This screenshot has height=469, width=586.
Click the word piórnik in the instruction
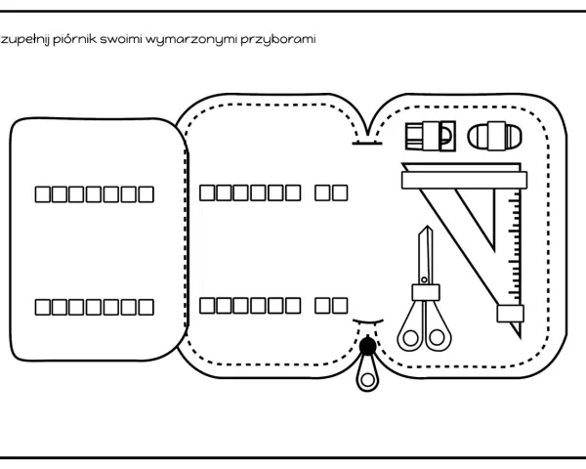[75, 39]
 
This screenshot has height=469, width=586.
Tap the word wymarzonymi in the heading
[191, 40]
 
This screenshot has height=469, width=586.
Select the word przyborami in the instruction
[278, 40]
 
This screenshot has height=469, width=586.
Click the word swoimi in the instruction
[121, 39]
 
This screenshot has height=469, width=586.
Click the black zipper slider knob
[367, 346]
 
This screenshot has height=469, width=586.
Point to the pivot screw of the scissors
[424, 279]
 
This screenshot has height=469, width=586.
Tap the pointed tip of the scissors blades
[427, 227]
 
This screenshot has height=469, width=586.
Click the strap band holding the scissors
[426, 292]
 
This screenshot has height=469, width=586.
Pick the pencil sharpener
[430, 136]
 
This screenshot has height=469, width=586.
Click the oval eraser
[494, 136]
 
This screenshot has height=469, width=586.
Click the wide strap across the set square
[464, 180]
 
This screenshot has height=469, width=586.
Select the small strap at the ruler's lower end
[510, 314]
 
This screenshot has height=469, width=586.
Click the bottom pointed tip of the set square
[520, 338]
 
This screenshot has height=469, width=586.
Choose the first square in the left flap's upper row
[43, 194]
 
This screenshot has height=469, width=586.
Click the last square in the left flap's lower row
[146, 307]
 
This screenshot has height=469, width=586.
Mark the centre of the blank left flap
[98, 239]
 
